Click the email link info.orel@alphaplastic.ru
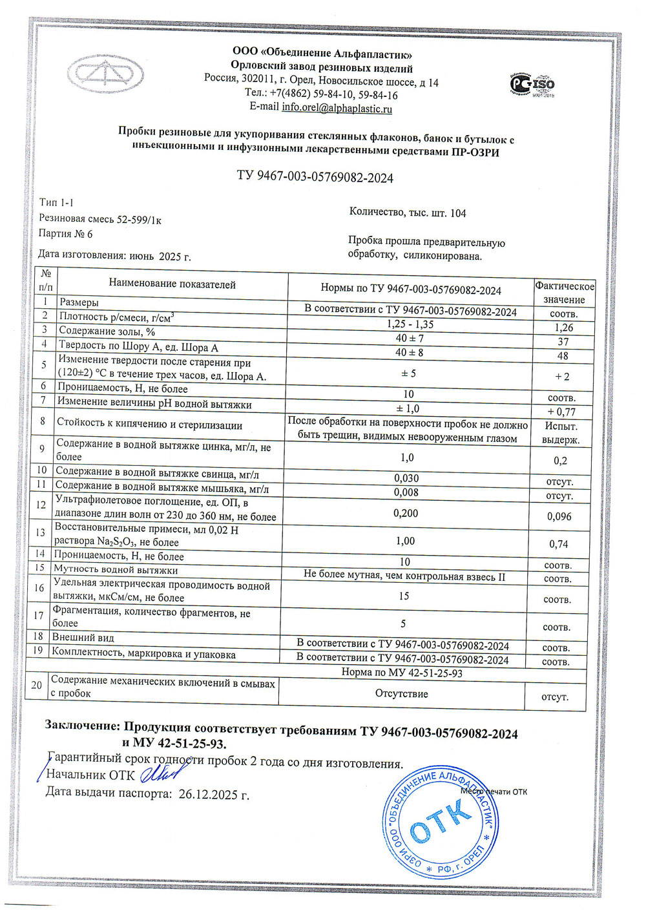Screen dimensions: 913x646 pos(337,109)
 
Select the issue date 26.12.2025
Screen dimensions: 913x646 pos(213,794)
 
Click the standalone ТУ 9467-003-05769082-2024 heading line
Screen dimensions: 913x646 pos(315,178)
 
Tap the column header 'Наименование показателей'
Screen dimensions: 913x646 pos(172,284)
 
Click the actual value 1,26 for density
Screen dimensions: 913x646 pos(563,328)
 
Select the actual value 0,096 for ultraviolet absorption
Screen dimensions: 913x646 pos(559,516)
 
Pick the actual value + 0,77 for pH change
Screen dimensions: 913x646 pos(561,412)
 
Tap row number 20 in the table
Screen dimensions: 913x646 pos(37,686)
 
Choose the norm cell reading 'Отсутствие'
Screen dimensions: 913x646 pos(401,693)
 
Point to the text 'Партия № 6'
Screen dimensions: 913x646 pos(65,234)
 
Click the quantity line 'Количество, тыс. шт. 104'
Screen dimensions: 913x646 pos(407,213)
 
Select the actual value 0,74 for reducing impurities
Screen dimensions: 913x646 pos(558,544)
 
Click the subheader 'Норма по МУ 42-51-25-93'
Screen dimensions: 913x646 pos(402,673)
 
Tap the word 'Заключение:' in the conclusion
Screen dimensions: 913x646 pos(82,725)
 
